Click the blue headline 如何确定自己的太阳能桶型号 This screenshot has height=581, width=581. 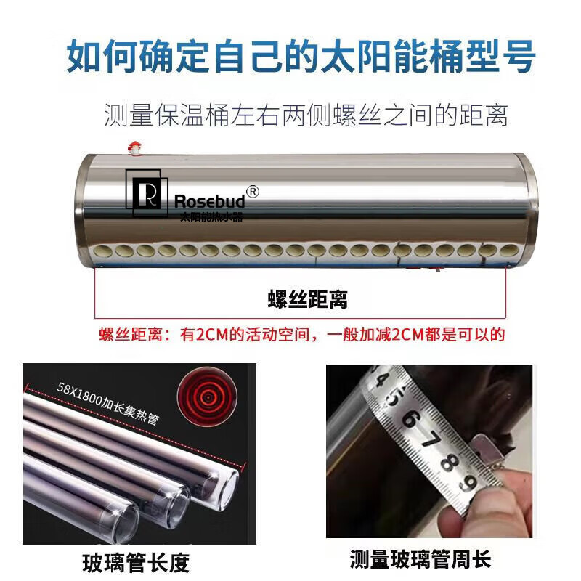click(301, 57)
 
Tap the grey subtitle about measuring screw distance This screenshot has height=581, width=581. click(306, 115)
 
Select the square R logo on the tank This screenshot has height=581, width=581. click(147, 193)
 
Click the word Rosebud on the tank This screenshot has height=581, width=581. click(210, 201)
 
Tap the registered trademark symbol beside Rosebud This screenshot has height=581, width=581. click(252, 192)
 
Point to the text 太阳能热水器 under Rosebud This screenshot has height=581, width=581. click(211, 216)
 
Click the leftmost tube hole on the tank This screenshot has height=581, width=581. click(102, 251)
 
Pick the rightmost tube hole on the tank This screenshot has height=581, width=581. click(509, 251)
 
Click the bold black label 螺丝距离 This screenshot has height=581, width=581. click(307, 299)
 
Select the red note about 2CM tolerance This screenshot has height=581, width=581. click(302, 334)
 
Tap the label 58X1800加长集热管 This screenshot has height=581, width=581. click(107, 403)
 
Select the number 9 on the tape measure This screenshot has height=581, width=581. click(468, 482)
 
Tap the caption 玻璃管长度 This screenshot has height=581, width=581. click(136, 563)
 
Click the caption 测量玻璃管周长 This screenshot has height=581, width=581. click(420, 559)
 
